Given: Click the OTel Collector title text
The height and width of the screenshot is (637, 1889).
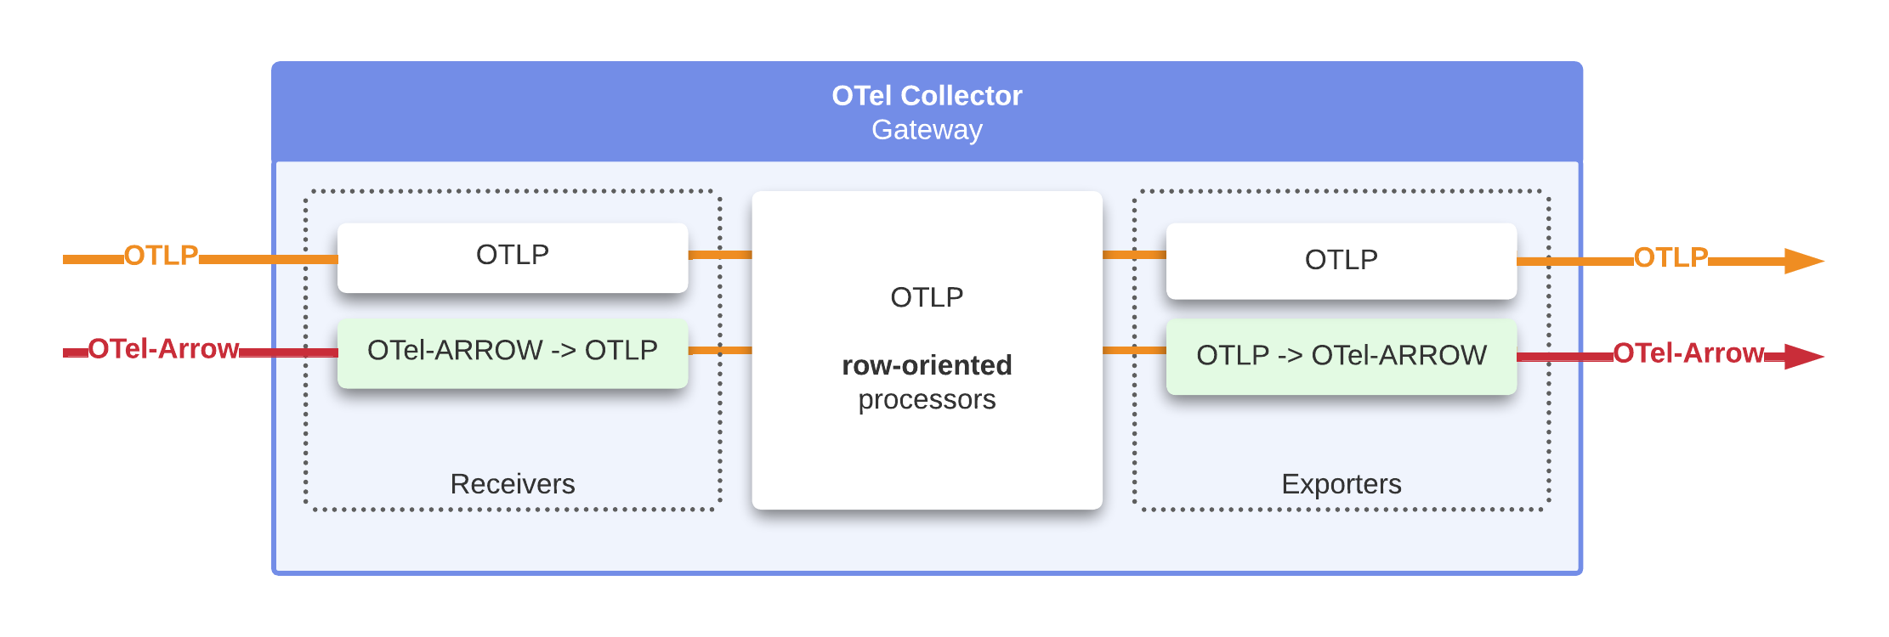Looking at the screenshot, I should tap(927, 96).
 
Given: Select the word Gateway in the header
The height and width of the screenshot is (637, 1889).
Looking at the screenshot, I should tap(927, 130).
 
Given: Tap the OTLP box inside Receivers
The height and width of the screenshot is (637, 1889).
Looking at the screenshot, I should tap(513, 255).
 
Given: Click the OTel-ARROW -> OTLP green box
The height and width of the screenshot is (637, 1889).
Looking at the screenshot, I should tap(513, 351).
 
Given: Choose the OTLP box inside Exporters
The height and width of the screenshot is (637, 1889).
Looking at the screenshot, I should tap(1341, 260).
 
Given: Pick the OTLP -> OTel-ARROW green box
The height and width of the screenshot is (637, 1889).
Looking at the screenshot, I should tap(1341, 355).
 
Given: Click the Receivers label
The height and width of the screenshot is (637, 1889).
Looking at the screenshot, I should tap(513, 484).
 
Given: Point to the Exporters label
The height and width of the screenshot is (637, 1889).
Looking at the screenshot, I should tap(1341, 484).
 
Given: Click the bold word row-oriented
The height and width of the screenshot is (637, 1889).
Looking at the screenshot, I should tap(927, 365).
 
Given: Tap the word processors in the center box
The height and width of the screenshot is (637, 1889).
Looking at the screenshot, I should tap(927, 399).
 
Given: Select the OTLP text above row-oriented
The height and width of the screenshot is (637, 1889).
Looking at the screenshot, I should tap(927, 297).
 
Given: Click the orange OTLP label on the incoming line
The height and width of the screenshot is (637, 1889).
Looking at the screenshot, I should tap(161, 256).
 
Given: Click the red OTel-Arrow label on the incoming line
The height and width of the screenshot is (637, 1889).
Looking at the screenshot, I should tap(163, 349).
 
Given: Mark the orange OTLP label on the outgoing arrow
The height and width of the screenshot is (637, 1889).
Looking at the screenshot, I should tap(1671, 257).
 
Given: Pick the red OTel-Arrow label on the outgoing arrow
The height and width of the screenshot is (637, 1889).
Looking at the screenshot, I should tap(1688, 353).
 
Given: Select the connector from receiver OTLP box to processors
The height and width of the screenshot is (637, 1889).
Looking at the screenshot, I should tap(720, 255).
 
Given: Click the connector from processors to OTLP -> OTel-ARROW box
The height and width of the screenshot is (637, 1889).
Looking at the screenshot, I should tap(1134, 350).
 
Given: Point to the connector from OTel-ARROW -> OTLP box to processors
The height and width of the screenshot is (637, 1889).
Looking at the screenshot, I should tap(720, 350).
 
